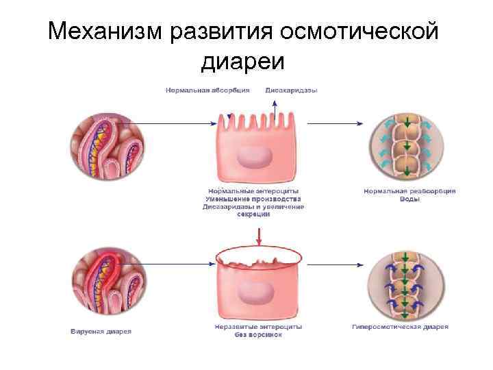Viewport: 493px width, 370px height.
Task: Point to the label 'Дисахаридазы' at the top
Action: click(291, 90)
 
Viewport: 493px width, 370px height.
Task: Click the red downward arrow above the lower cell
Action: click(259, 236)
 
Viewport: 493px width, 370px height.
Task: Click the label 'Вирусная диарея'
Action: click(101, 332)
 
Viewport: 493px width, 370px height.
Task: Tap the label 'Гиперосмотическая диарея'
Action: click(401, 328)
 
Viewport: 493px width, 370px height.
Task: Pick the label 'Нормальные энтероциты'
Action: click(253, 191)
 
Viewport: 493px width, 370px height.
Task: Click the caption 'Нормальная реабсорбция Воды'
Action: click(405, 195)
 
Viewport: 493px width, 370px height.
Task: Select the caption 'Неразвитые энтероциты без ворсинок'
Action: click(255, 332)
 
